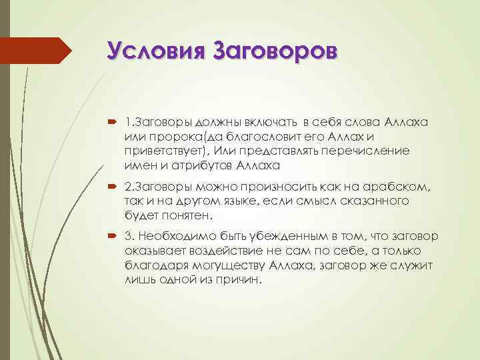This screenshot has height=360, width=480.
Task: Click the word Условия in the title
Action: pos(156,51)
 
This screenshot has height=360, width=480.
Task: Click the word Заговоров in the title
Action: pos(275,51)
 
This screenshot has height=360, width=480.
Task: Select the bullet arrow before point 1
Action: pos(111,124)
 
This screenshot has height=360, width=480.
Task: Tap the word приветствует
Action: pos(159,150)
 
